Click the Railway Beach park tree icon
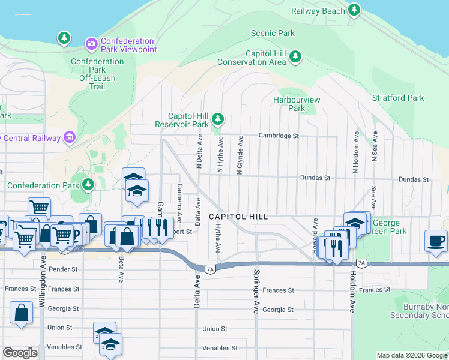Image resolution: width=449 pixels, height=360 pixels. coord(355,10)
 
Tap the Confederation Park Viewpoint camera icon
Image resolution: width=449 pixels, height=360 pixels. coord(91,43)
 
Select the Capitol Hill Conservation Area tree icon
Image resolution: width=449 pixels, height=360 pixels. coord(295,56)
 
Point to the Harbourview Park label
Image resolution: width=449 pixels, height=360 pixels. coord(288,104)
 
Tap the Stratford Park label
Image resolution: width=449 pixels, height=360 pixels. coord(398,98)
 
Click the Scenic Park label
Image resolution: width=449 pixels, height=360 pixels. coord(273,34)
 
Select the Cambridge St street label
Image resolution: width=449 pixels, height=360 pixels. coord(279,136)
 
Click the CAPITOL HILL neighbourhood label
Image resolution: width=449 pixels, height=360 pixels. coord(238,216)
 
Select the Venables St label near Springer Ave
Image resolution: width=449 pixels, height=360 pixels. coord(220,348)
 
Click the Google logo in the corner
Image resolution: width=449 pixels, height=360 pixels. coord(20,353)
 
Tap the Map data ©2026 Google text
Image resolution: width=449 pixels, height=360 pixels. coord(411,356)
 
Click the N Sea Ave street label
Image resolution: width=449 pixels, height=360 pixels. coord(375,146)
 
